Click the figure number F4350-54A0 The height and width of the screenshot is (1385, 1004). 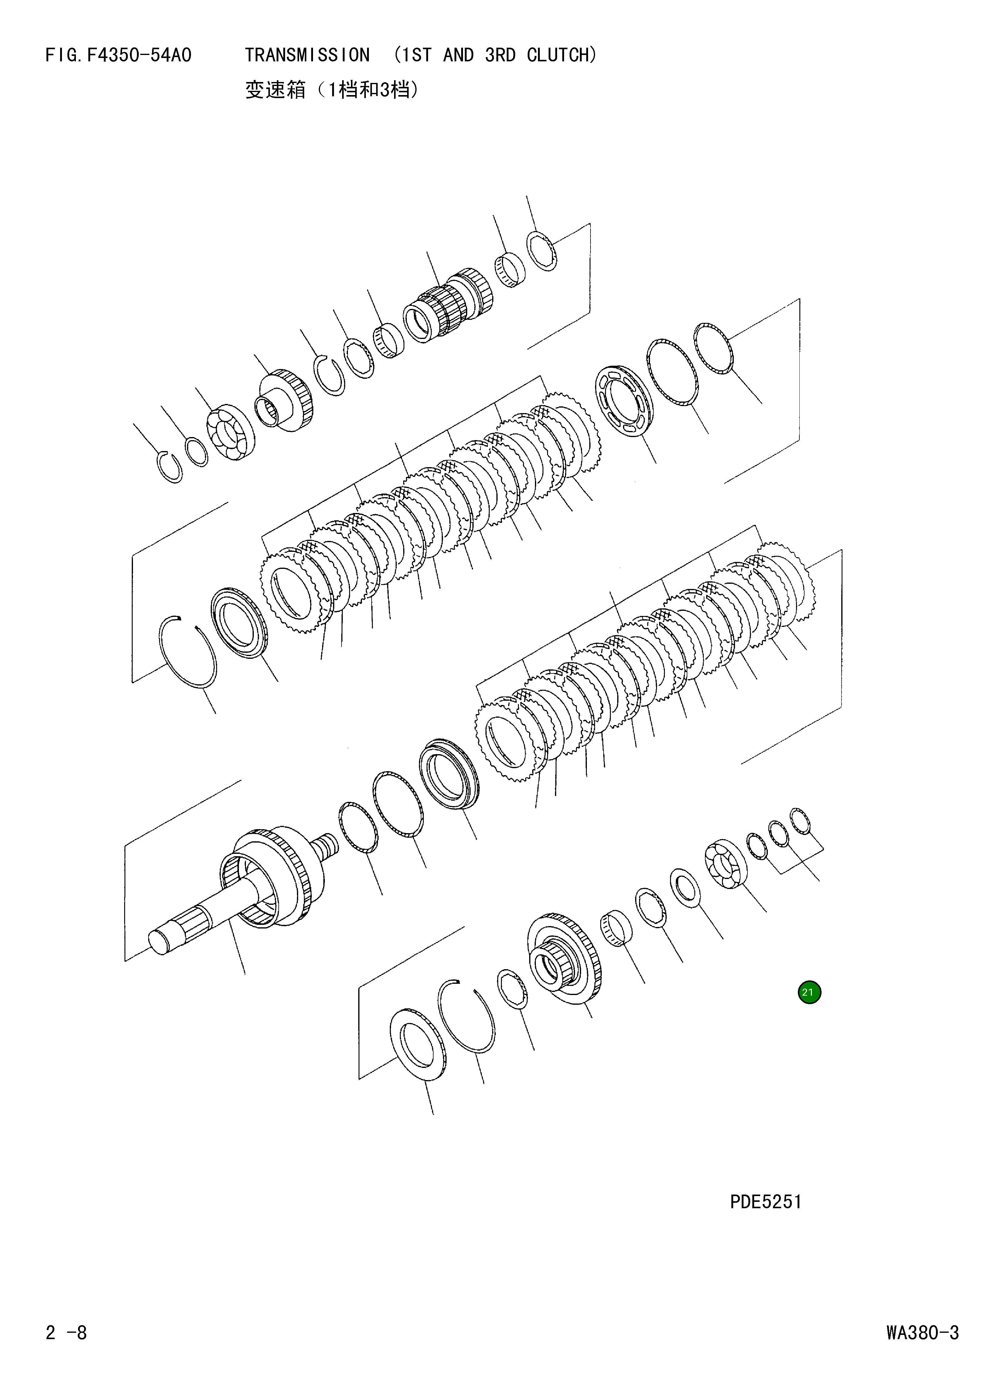(139, 56)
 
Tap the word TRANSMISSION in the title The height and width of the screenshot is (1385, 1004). (307, 56)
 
